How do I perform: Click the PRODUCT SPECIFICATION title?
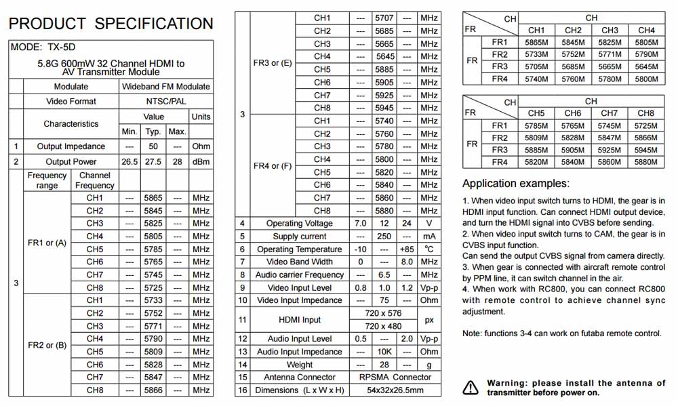point(111,24)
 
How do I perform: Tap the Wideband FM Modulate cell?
point(166,87)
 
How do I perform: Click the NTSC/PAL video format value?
point(166,101)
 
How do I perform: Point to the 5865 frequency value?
point(153,198)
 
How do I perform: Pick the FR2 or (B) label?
point(47,345)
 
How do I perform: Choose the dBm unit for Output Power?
point(201,162)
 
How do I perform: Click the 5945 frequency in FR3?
point(384,108)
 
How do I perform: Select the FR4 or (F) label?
point(273,165)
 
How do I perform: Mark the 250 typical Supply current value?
point(384,236)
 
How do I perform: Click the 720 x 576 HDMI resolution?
point(384,313)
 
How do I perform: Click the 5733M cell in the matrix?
point(536,54)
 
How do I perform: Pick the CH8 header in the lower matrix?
point(645,113)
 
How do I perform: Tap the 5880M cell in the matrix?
point(645,162)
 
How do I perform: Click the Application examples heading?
point(516,184)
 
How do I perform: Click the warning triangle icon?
point(470,388)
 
